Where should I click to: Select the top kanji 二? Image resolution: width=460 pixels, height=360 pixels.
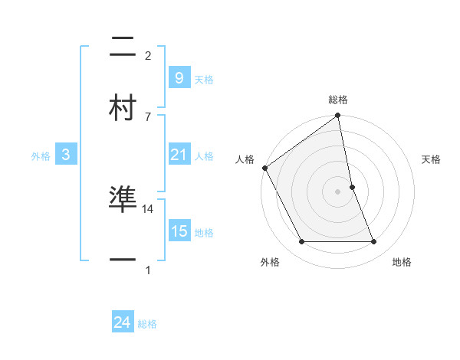click(123, 48)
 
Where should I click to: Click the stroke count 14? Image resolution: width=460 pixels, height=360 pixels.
click(148, 208)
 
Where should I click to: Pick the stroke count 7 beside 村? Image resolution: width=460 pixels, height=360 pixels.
click(148, 116)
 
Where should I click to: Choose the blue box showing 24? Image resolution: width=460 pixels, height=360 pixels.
click(122, 322)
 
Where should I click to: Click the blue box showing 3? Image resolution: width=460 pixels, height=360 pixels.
click(66, 155)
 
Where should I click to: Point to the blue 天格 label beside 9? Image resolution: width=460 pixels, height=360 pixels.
click(204, 80)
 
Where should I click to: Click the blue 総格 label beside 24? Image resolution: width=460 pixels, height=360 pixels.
click(147, 325)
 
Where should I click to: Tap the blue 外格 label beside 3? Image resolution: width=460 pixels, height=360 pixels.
click(41, 156)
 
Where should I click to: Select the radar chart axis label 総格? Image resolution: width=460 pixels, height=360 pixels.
click(338, 100)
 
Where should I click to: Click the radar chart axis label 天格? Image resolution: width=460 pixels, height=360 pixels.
click(432, 160)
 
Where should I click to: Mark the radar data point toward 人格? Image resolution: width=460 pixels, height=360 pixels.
click(265, 168)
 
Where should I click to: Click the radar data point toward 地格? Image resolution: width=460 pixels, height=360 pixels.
click(373, 242)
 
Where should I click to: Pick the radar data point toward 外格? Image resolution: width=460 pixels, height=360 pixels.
click(302, 242)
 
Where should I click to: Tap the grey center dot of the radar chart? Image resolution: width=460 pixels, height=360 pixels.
click(338, 191)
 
